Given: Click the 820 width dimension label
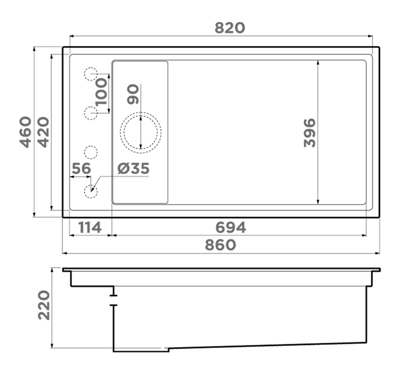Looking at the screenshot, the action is [x=230, y=28].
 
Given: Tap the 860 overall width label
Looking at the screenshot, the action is [x=221, y=245].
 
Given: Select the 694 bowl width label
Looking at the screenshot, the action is [x=231, y=227].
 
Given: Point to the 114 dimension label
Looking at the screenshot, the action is [x=90, y=227].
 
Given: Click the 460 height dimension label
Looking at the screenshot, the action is [x=26, y=132].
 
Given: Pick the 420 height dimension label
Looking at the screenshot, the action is [x=43, y=132].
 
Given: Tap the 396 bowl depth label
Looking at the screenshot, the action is [x=309, y=133].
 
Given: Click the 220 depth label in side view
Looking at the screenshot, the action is [x=44, y=305].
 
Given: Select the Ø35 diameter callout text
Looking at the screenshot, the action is [x=133, y=169].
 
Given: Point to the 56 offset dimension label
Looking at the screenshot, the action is [x=82, y=169].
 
